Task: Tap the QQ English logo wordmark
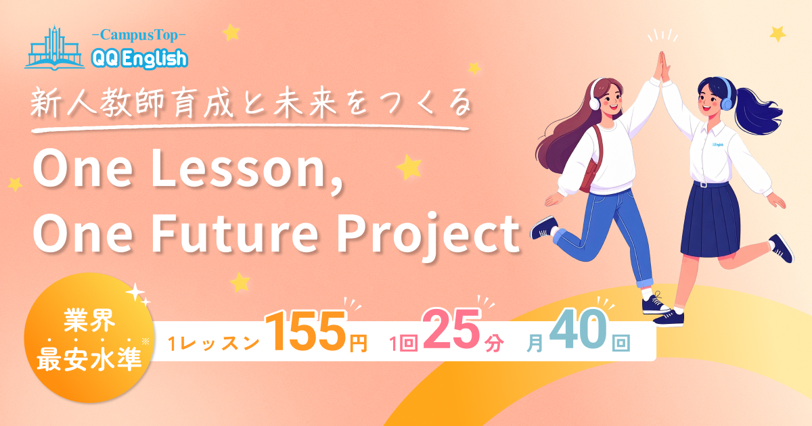pyautogui.click(x=138, y=59)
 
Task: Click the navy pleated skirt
pyautogui.click(x=710, y=220)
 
